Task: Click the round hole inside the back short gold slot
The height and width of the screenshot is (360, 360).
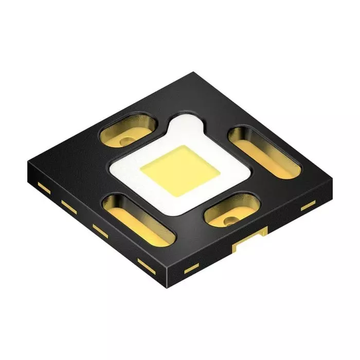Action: pos(125,139)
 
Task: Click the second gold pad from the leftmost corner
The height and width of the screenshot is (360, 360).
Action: pos(68,205)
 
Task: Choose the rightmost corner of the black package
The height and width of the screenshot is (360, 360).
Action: pos(332,184)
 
